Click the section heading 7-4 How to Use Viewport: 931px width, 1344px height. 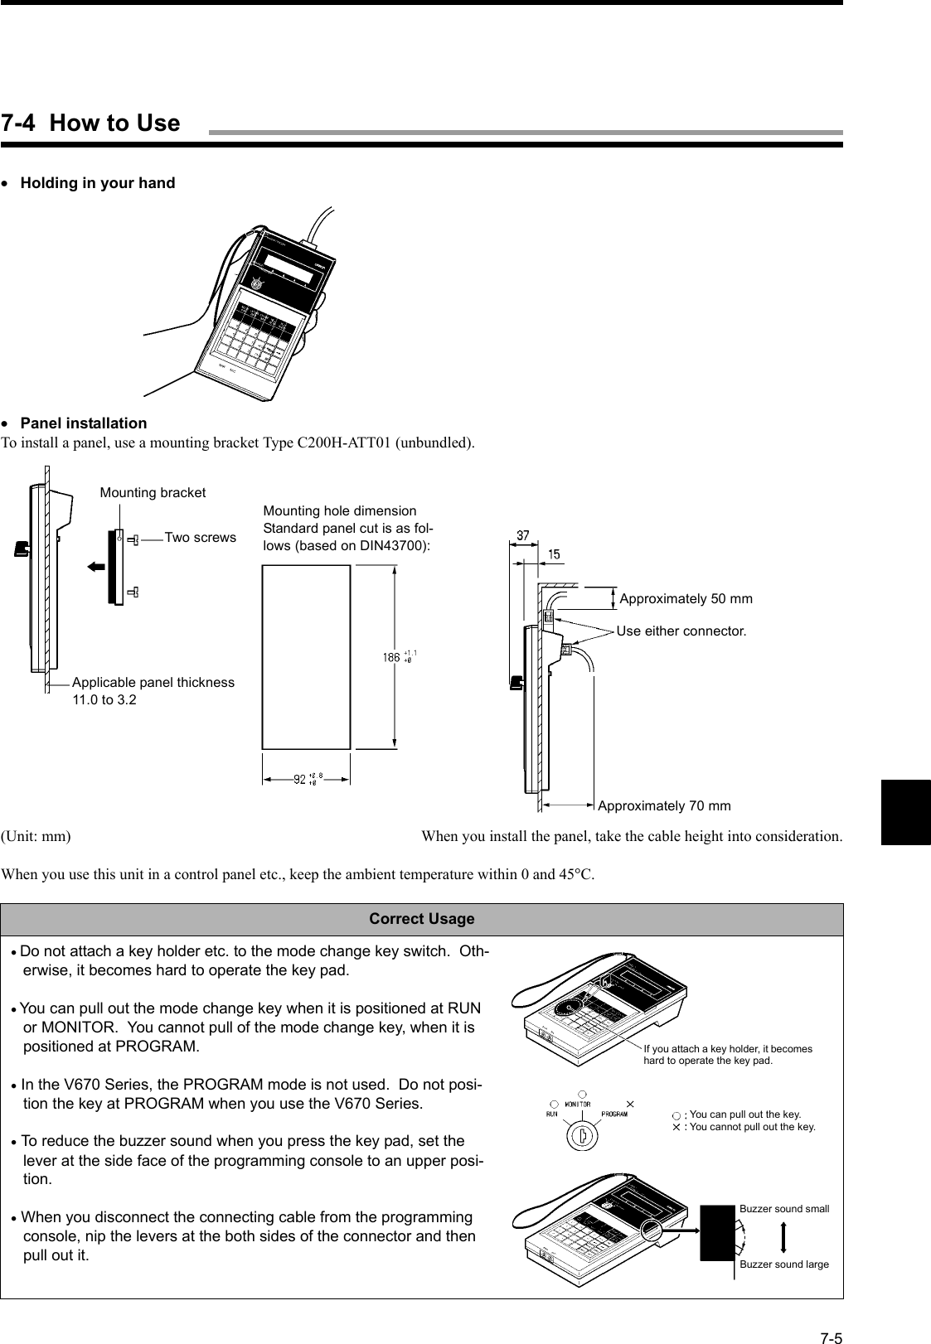pos(90,123)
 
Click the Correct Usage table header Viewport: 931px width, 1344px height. pos(421,919)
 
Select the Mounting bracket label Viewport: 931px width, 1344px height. pos(153,493)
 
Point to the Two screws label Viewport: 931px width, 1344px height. pos(200,538)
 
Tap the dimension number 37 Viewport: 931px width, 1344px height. pos(523,536)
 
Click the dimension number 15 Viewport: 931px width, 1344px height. pos(552,554)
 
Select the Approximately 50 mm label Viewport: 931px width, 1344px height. pos(686,599)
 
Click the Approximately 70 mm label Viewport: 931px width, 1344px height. pos(664,806)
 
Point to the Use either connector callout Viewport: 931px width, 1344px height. pos(681,631)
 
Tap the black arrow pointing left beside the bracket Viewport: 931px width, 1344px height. pos(96,567)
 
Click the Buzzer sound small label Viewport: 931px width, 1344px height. pos(783,1209)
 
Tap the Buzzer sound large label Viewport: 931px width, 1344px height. pos(783,1264)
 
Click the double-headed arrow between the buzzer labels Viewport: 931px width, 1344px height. pos(783,1236)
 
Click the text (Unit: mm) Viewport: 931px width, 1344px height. pos(36,836)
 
